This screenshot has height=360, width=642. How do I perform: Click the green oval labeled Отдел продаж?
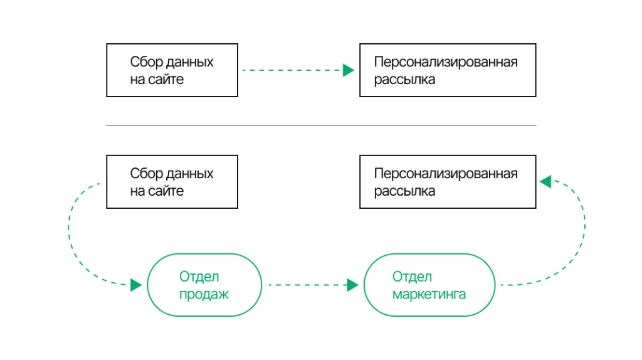pyautogui.click(x=204, y=285)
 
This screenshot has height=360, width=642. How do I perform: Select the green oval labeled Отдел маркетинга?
pyautogui.click(x=429, y=285)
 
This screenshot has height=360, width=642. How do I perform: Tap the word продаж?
pyautogui.click(x=204, y=294)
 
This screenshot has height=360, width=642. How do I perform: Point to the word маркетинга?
pyautogui.click(x=429, y=294)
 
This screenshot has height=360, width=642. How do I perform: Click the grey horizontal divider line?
pyautogui.click(x=321, y=125)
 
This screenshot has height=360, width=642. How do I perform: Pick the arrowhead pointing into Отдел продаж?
pyautogui.click(x=136, y=285)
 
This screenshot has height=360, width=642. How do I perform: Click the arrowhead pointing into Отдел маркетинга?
pyautogui.click(x=352, y=285)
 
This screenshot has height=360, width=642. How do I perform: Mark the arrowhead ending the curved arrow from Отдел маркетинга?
pyautogui.click(x=545, y=182)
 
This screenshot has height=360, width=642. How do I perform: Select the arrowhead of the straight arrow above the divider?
pyautogui.click(x=349, y=70)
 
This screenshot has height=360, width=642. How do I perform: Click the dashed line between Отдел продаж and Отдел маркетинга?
pyautogui.click(x=307, y=285)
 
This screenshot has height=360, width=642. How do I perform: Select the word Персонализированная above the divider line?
pyautogui.click(x=446, y=62)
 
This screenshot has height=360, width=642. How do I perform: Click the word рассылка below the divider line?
pyautogui.click(x=404, y=191)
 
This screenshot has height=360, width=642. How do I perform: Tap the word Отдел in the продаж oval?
pyautogui.click(x=199, y=277)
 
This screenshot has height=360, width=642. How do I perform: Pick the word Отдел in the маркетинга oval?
pyautogui.click(x=412, y=277)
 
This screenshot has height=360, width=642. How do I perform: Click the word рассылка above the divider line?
pyautogui.click(x=404, y=80)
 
